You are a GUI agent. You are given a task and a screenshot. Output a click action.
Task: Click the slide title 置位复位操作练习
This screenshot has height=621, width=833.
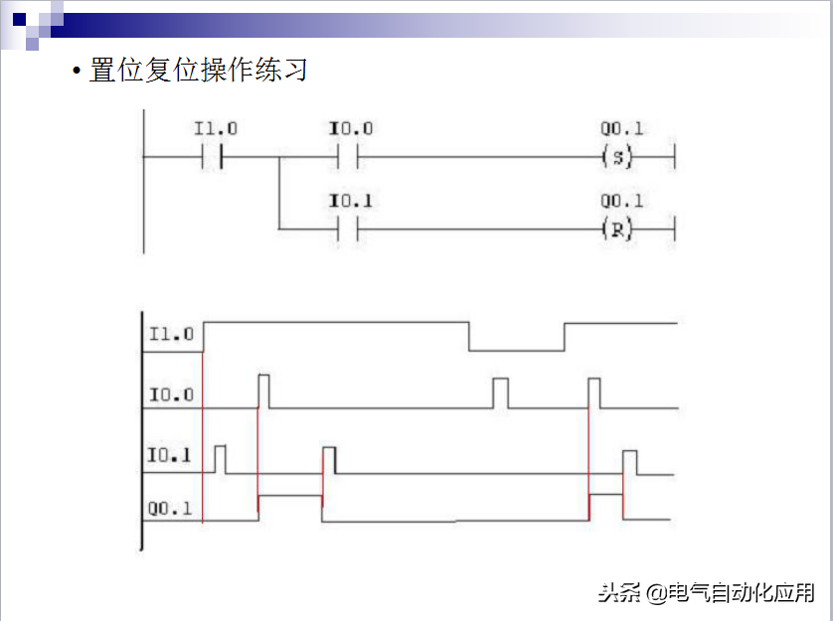click(x=198, y=71)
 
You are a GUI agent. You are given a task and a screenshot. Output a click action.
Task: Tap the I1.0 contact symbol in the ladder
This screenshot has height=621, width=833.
click(x=212, y=157)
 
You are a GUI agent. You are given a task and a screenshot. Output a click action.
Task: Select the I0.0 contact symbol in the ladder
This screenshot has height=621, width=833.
click(x=347, y=157)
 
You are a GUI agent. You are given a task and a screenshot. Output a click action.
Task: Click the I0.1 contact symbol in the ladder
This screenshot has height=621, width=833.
click(x=347, y=230)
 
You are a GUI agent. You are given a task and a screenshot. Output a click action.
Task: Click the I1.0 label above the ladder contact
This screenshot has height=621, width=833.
click(x=215, y=129)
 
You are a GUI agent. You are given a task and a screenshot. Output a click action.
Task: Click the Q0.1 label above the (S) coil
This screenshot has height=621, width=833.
click(x=622, y=129)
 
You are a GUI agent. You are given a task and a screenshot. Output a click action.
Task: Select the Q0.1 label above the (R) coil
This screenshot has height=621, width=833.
click(x=622, y=202)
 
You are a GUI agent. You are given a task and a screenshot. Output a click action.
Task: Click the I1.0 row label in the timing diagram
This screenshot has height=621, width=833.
click(x=171, y=334)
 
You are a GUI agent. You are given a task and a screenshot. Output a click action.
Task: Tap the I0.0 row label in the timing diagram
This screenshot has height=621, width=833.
click(x=171, y=395)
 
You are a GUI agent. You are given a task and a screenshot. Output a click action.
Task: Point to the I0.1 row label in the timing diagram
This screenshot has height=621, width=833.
click(x=171, y=457)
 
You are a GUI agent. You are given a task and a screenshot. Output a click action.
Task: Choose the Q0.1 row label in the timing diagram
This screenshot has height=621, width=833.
click(x=171, y=510)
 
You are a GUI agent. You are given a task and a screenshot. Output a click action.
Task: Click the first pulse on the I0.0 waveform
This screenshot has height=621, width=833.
click(x=263, y=390)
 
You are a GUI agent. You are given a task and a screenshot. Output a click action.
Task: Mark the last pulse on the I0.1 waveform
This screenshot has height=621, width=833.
click(x=629, y=462)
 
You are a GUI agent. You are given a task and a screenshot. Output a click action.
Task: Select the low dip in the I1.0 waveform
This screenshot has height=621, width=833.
click(x=516, y=349)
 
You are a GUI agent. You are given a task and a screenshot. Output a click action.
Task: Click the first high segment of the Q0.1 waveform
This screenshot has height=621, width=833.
click(x=289, y=495)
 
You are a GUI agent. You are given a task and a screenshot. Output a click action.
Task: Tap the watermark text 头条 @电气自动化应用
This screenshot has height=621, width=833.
click(x=706, y=593)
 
